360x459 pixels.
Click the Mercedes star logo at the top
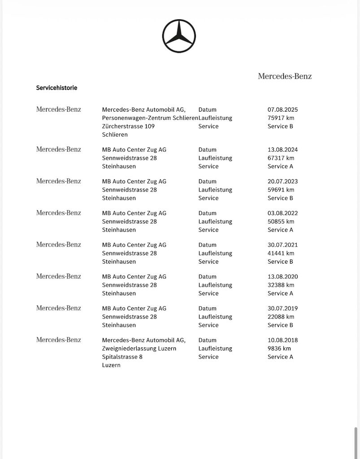click(179, 36)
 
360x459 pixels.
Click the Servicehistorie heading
click(56, 88)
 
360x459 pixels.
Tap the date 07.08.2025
click(282, 109)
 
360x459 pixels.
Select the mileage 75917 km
click(281, 118)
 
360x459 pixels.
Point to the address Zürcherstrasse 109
click(128, 126)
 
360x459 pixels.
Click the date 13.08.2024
click(282, 150)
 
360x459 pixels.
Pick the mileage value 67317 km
click(281, 158)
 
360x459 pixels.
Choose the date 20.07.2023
click(282, 182)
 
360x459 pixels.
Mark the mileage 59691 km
click(281, 190)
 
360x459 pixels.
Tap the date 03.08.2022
click(282, 213)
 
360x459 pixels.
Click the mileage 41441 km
click(281, 253)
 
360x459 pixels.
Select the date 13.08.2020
click(282, 277)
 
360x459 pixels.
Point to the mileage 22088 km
click(281, 316)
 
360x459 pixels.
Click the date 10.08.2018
click(282, 340)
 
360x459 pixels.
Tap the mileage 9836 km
click(279, 348)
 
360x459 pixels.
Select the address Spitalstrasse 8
click(122, 357)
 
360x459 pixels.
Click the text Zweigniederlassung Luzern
click(139, 348)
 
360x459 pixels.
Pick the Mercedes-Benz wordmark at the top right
click(285, 76)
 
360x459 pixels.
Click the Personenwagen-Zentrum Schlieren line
click(150, 118)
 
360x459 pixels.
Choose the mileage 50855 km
click(281, 221)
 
